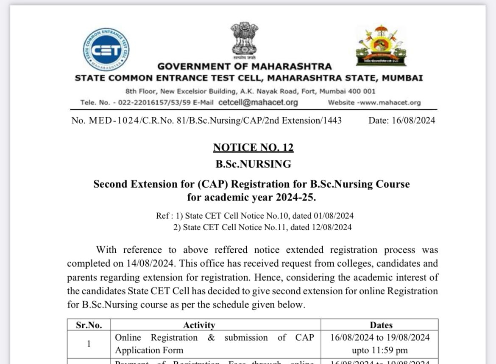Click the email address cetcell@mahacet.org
[258, 102]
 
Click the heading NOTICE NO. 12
[253, 147]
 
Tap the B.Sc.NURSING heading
[253, 164]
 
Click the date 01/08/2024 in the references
[334, 216]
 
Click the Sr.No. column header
[89, 325]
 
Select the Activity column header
[199, 325]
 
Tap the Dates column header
[381, 325]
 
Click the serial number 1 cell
[89, 344]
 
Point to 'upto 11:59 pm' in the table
[380, 350]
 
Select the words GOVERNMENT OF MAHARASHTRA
[245, 67]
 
